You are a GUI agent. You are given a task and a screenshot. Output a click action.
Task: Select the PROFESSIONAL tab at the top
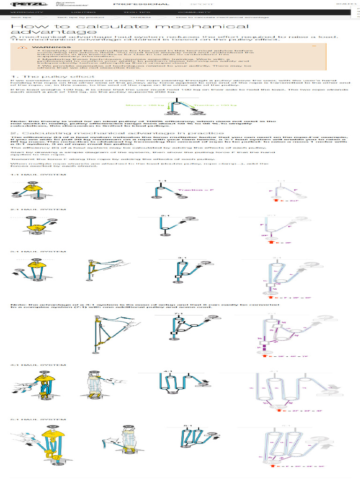pos(142,4)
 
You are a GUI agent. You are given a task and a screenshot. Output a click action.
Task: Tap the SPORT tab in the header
pos(202,4)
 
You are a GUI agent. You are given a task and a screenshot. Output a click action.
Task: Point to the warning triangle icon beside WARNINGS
pos(19,47)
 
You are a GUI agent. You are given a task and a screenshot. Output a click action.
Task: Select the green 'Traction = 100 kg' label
pos(206,105)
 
